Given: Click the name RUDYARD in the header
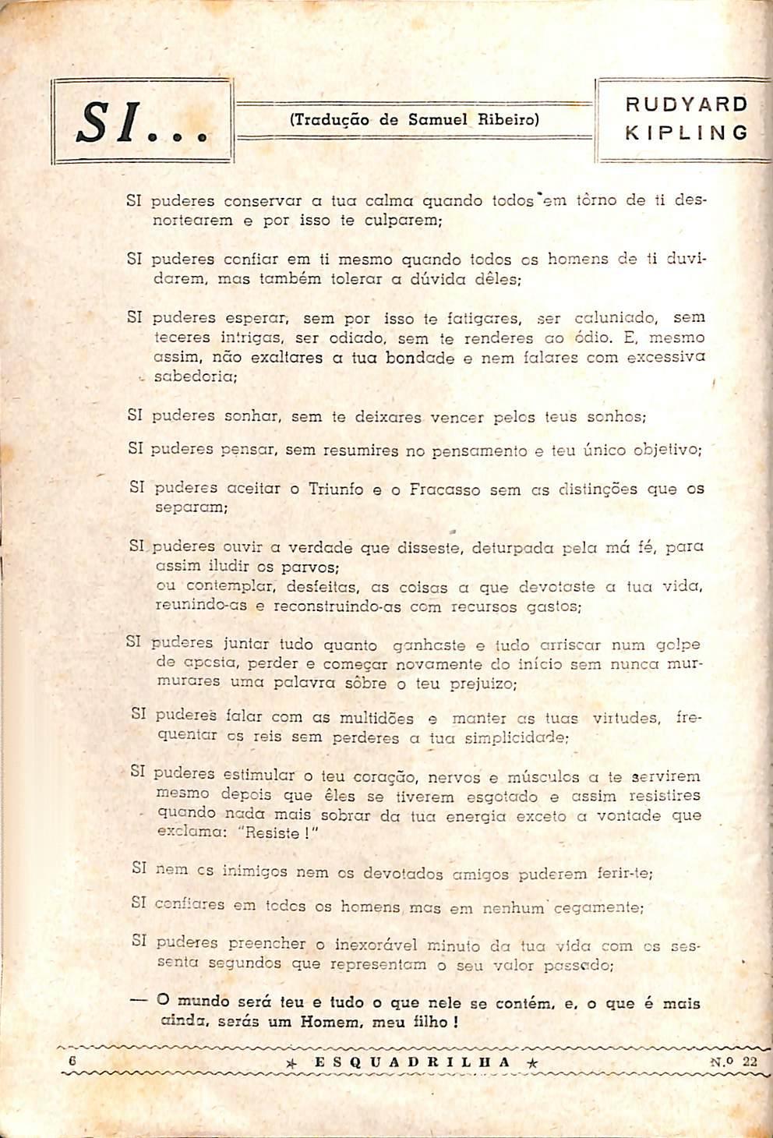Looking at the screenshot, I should pos(687,104).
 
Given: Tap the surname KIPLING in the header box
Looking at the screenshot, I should pos(687,133).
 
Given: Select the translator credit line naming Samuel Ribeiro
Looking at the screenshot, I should pos(414,120).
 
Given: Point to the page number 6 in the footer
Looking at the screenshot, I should pos(72,1061).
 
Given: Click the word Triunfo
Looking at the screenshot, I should pos(336,489).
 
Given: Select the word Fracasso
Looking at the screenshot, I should pos(445,489).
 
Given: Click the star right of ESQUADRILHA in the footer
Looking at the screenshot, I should pos(531,1062).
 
